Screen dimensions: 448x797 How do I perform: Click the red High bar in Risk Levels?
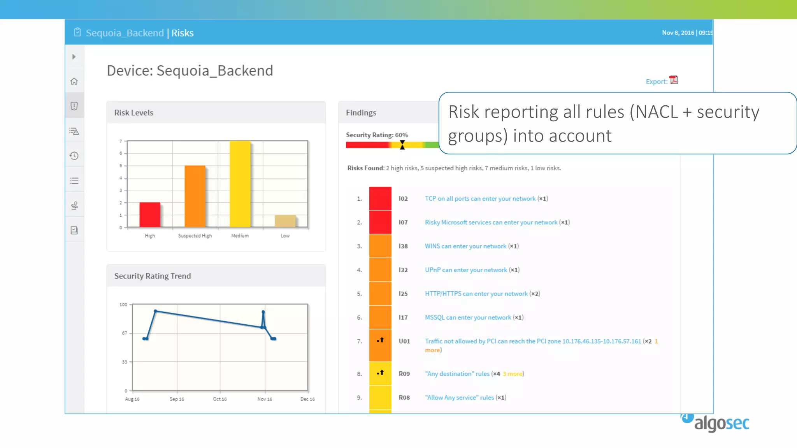point(150,215)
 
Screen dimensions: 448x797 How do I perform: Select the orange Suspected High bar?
point(195,196)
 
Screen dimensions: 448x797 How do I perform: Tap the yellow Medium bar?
point(240,184)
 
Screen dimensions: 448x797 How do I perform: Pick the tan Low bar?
point(285,221)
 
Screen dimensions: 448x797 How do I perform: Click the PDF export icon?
point(674,80)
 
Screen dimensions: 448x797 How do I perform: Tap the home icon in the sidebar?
point(74,82)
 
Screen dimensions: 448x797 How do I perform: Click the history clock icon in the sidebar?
point(74,156)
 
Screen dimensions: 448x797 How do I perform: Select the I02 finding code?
point(403,199)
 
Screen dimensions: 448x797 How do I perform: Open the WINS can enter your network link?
point(465,246)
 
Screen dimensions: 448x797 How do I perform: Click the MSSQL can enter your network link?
point(468,318)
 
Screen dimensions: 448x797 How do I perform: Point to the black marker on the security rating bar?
point(402,145)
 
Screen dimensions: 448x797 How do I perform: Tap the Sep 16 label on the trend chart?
point(177,399)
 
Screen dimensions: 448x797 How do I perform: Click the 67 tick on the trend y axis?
point(125,333)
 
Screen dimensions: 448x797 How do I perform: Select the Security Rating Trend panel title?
point(153,276)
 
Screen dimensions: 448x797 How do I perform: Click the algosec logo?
point(716,423)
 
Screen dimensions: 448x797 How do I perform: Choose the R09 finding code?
point(404,374)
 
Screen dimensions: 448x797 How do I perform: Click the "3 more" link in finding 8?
point(513,374)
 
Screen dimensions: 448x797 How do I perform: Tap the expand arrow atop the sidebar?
point(74,57)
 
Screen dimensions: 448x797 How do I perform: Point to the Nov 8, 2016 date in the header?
point(678,33)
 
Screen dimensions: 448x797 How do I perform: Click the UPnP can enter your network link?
point(466,270)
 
